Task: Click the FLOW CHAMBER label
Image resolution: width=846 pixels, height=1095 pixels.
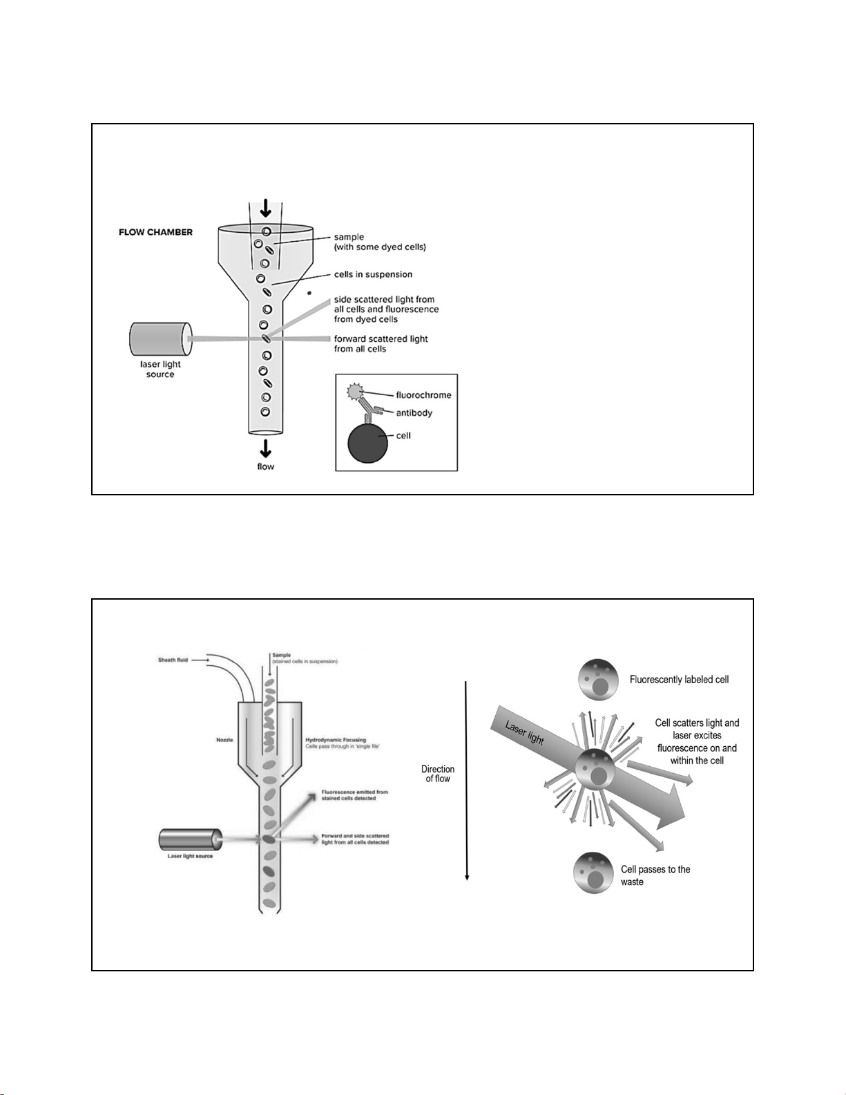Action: pyautogui.click(x=155, y=232)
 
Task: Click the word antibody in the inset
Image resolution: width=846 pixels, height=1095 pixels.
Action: pyautogui.click(x=414, y=413)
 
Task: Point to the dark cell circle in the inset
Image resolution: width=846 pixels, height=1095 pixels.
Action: pyautogui.click(x=368, y=443)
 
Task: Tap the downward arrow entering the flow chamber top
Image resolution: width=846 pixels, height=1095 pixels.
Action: pyautogui.click(x=265, y=208)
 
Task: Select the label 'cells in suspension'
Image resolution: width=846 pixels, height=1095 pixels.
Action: pyautogui.click(x=373, y=274)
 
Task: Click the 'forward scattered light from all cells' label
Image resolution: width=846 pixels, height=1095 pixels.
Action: pyautogui.click(x=381, y=344)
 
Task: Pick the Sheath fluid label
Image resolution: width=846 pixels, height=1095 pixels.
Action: pyautogui.click(x=173, y=660)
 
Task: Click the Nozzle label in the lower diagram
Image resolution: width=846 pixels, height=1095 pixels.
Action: pyautogui.click(x=224, y=740)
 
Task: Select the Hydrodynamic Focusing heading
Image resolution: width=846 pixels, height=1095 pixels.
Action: pyautogui.click(x=336, y=740)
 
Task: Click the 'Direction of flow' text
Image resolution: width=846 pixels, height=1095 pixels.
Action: pyautogui.click(x=438, y=774)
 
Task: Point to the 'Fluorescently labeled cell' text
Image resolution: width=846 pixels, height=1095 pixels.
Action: pyautogui.click(x=679, y=679)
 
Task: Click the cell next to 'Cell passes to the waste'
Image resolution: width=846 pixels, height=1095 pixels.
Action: pyautogui.click(x=593, y=873)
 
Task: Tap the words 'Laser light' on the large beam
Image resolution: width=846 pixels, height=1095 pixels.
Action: pyautogui.click(x=525, y=733)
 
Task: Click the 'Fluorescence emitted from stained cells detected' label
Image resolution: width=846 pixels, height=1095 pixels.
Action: pyautogui.click(x=354, y=795)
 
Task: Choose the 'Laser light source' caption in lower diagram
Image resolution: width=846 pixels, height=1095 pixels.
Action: pyautogui.click(x=190, y=857)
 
